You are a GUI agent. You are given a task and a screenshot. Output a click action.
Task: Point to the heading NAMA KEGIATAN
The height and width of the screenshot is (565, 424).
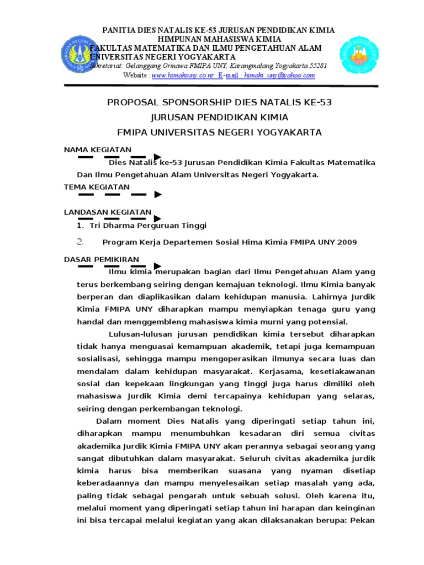98,150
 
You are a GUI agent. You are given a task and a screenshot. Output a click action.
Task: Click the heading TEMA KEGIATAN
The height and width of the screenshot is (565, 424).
97,186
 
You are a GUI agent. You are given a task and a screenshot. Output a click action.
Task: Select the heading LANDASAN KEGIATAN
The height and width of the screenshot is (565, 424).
107,212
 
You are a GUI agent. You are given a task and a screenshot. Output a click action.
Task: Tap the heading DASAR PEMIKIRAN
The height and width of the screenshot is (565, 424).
102,259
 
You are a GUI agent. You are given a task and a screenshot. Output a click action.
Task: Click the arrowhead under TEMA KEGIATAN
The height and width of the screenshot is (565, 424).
157,194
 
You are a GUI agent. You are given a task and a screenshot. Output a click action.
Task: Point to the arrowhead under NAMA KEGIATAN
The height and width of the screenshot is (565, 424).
157,157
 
